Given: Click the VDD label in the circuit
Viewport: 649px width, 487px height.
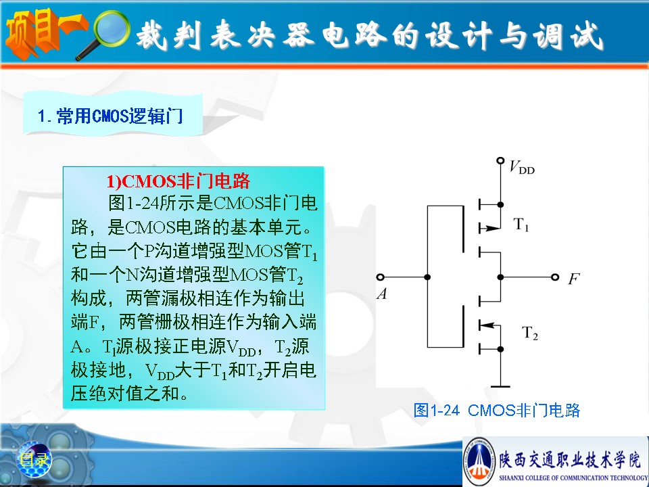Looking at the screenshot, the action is (x=522, y=167).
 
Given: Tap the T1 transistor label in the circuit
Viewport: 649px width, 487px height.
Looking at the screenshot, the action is (x=521, y=225).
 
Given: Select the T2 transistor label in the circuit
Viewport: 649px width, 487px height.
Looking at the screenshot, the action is (x=530, y=333).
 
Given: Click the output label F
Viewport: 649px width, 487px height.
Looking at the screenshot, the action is (x=574, y=279).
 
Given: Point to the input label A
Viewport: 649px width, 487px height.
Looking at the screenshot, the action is (x=382, y=294).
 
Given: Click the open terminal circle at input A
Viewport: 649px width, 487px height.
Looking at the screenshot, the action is (x=381, y=277).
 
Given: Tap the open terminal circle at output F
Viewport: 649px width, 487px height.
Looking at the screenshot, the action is (x=555, y=277).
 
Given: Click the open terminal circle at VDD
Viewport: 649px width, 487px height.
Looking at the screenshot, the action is (x=500, y=160).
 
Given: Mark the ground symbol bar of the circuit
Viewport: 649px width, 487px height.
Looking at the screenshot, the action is (x=500, y=386).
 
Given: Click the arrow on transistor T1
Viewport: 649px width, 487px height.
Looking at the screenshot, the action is (x=491, y=228).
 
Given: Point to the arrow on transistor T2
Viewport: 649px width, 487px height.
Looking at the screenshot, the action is (x=489, y=325).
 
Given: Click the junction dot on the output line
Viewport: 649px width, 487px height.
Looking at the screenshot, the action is (x=500, y=277).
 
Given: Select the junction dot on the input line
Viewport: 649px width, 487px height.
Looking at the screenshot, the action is (x=427, y=277).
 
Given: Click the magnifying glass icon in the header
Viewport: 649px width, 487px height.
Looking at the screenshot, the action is (x=103, y=34).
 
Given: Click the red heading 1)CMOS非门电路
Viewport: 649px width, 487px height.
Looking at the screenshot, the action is (x=178, y=181).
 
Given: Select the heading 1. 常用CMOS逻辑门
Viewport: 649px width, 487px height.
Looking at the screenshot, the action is (x=110, y=116).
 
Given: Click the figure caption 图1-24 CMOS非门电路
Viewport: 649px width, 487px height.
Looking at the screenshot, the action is (x=497, y=411).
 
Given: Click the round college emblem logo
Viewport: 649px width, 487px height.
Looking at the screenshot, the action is (x=479, y=461).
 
